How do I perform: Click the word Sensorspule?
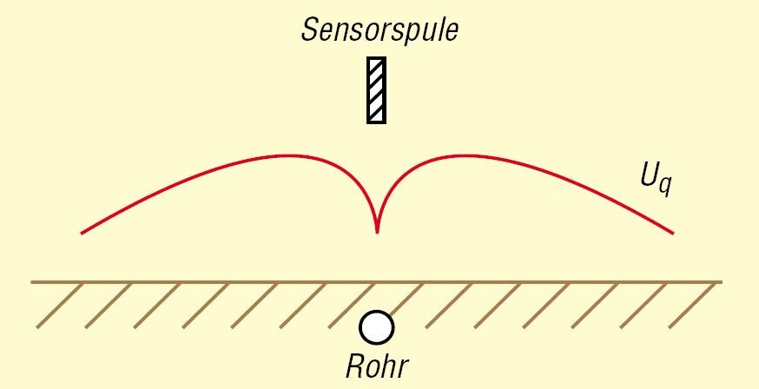point(379,30)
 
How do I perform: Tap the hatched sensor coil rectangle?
point(376,90)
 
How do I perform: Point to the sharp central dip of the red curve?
point(377,231)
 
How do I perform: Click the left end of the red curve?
point(82,233)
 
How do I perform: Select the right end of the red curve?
point(672,233)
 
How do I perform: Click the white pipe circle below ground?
point(377,327)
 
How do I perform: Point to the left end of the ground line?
point(33,282)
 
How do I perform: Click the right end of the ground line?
point(721,282)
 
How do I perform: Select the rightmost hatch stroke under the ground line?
point(699,306)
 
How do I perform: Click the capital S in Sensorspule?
point(309,30)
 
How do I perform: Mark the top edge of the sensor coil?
point(376,59)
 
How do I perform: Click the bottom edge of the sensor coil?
point(376,122)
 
